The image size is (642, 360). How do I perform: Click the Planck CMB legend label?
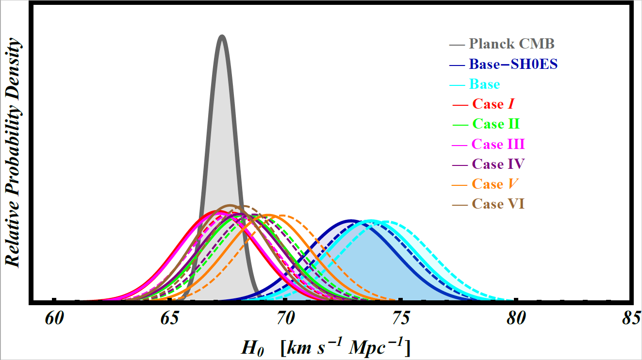[511, 44]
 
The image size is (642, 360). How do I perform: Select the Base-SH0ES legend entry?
[512, 64]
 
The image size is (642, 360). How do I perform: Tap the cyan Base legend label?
[484, 84]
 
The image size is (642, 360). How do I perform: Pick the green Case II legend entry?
[495, 124]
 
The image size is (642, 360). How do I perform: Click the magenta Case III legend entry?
[498, 144]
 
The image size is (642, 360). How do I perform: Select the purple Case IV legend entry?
[498, 164]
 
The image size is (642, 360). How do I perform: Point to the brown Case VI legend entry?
[498, 204]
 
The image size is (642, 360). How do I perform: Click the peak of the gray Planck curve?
[222, 36]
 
